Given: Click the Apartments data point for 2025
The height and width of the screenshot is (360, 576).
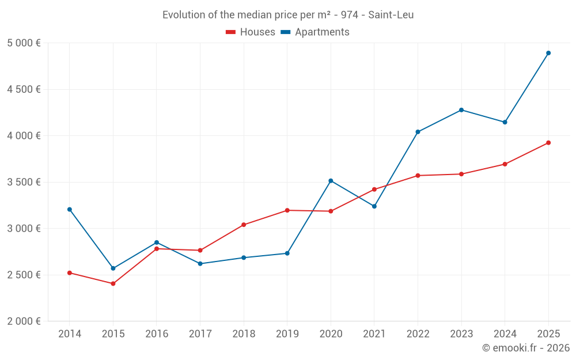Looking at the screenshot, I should click(x=548, y=53).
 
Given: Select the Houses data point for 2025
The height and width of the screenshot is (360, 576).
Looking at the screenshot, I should click(x=548, y=143).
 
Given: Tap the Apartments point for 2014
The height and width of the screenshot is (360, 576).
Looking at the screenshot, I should click(x=70, y=210).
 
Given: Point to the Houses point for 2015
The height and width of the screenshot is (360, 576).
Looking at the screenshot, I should click(x=113, y=284).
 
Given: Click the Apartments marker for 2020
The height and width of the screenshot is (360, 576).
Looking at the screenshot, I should click(x=331, y=181).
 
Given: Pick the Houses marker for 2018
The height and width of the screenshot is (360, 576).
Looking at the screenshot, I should click(x=244, y=225).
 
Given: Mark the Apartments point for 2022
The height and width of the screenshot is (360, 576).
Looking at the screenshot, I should click(x=418, y=132).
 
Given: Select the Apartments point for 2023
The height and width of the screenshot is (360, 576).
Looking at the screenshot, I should click(x=461, y=110).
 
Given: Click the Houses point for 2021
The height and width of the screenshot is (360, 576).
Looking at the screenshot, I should click(x=374, y=190).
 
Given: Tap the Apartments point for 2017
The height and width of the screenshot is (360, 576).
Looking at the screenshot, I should click(x=200, y=264).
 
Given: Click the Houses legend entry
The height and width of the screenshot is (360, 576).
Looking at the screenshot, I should click(x=251, y=32).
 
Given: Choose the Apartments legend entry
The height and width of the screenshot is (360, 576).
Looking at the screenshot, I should click(x=315, y=32).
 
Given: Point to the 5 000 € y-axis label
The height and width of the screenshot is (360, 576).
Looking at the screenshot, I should click(x=24, y=43).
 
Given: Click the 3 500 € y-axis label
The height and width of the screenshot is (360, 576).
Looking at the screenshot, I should click(x=24, y=182).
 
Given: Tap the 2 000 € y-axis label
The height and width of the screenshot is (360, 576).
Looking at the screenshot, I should click(x=24, y=321).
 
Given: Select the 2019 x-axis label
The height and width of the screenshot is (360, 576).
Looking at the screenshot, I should click(x=287, y=334).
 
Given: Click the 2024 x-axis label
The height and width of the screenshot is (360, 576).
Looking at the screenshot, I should click(x=505, y=334).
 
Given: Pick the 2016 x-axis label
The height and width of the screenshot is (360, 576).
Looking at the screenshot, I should click(x=157, y=334).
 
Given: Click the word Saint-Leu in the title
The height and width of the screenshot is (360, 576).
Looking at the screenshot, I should click(x=394, y=15).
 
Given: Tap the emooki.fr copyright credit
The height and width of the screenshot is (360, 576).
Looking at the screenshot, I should click(x=526, y=348).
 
